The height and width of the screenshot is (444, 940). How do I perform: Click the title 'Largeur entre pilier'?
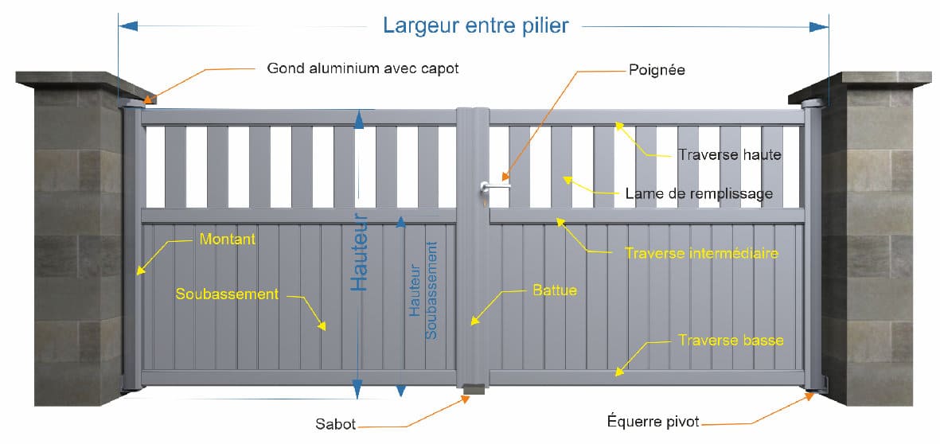click(475, 25)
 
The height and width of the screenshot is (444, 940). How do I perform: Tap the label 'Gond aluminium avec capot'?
click(363, 68)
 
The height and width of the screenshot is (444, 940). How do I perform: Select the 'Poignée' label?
click(657, 70)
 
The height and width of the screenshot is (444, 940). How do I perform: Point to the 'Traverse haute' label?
click(730, 154)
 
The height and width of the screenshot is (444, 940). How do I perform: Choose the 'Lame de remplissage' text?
click(699, 193)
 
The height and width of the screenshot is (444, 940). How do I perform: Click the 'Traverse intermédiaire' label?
click(702, 254)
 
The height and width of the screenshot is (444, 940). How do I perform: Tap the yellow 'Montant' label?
click(227, 240)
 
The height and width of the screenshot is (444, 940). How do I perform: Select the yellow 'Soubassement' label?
click(227, 294)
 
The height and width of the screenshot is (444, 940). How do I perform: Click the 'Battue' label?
click(555, 290)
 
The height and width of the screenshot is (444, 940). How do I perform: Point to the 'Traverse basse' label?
click(731, 341)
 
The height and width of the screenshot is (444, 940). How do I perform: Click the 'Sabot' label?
click(336, 425)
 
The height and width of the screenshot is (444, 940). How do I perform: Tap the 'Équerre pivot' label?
click(653, 422)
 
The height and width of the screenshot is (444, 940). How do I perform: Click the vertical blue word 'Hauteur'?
click(358, 252)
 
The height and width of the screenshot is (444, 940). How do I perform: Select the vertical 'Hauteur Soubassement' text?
click(423, 290)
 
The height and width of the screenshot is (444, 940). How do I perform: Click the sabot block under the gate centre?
click(474, 390)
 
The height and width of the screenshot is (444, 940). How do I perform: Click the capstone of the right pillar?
click(860, 84)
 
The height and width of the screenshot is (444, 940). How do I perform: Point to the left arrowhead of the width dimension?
click(128, 25)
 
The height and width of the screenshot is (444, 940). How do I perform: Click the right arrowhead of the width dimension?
click(819, 26)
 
